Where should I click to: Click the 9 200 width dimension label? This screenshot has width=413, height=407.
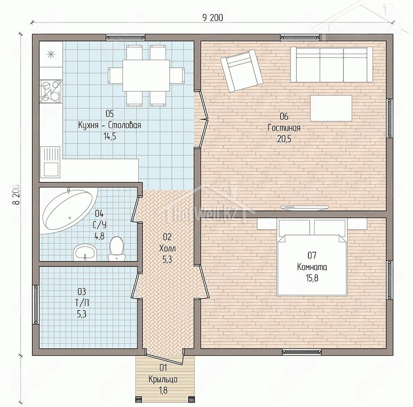(x=212, y=18)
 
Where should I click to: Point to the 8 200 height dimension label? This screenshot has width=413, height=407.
(x=16, y=194)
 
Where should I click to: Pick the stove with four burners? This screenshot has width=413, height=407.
(x=51, y=91)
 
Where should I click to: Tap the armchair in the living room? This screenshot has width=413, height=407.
(x=242, y=71)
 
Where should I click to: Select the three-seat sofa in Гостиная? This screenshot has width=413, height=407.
(x=332, y=65)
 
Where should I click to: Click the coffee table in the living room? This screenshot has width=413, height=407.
(x=331, y=108)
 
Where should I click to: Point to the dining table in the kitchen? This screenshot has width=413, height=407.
(x=146, y=75)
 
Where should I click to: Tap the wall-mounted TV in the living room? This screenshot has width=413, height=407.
(x=304, y=207)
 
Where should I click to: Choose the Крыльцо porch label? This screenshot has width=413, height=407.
(x=163, y=379)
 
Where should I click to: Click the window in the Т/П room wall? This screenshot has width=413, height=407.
(x=36, y=305)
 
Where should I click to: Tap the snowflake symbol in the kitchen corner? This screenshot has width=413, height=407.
(x=51, y=54)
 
